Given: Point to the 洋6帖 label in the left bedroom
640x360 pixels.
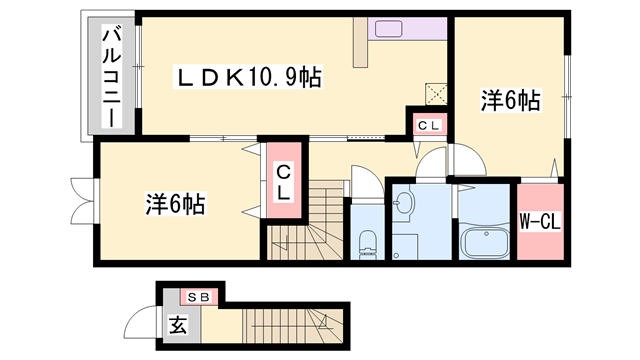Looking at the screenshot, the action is point(175,205).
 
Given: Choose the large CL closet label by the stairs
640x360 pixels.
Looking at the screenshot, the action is point(282,182).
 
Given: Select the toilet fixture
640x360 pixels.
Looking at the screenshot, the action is point(366,241).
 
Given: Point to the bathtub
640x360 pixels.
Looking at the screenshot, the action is point(486,243).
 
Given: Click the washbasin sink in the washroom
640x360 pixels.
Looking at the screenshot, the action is point(403,205).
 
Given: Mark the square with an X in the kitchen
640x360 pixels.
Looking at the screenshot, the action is point(436,93).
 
